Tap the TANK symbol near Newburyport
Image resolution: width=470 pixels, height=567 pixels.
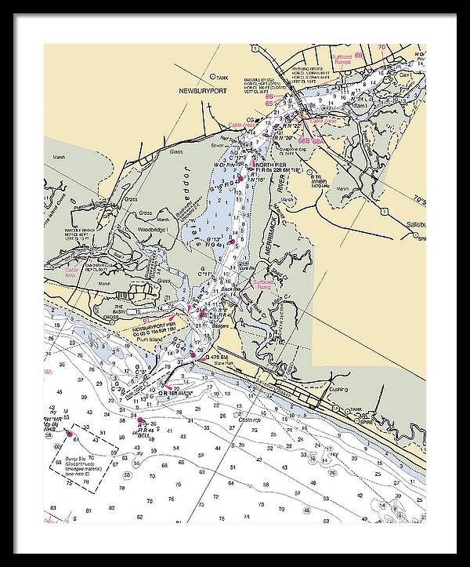coord(215,77)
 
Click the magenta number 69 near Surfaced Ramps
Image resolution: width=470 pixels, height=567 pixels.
coord(358,56)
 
